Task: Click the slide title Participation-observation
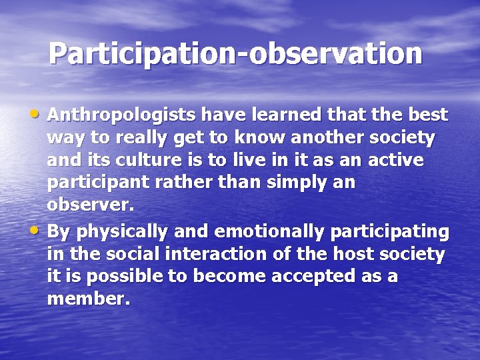[235, 54]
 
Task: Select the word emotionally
[260, 231]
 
